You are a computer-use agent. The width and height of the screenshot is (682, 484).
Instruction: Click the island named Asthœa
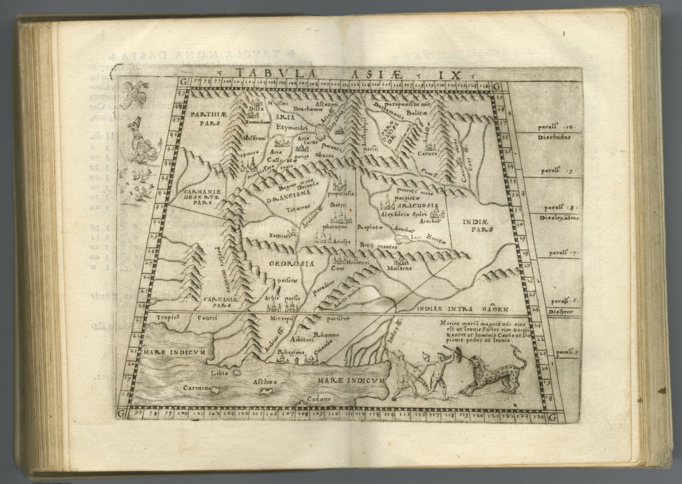[266, 391]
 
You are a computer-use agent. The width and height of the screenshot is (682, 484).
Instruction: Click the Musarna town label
[399, 268]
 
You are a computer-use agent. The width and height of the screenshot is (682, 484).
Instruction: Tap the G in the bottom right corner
[553, 417]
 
